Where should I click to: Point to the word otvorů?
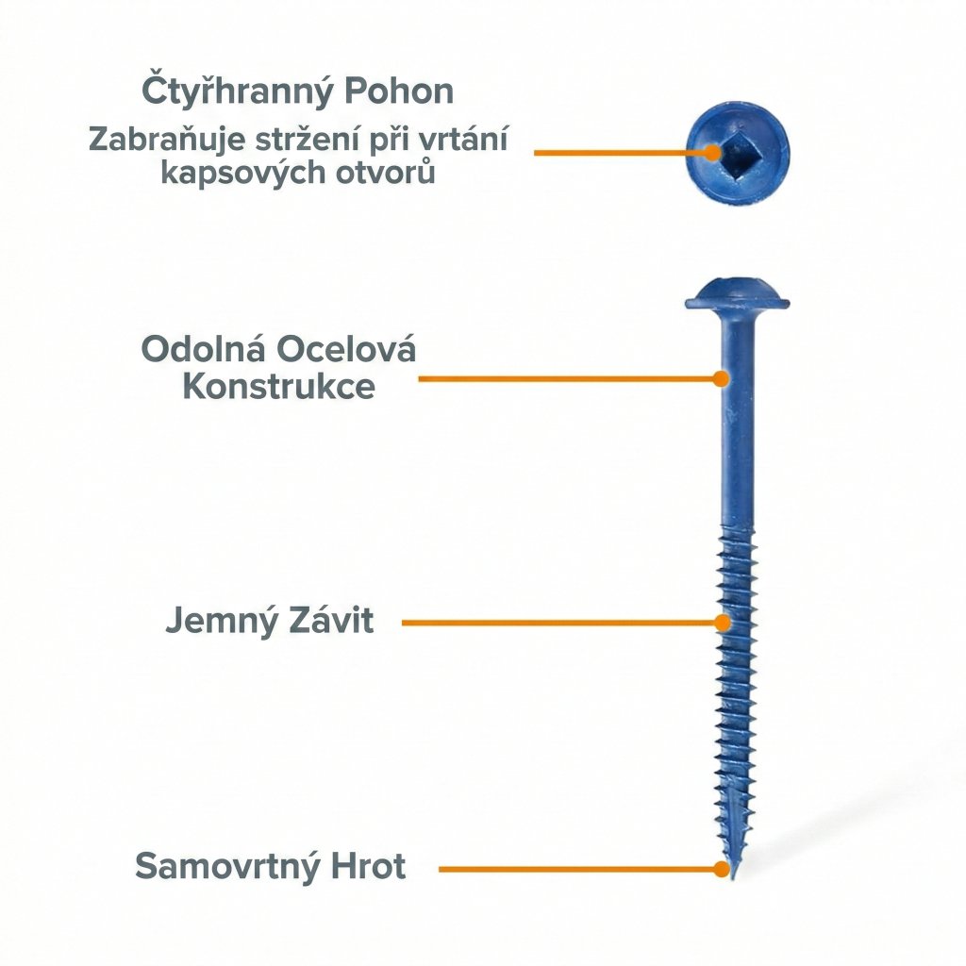coord(388,174)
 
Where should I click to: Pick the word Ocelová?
coord(345,349)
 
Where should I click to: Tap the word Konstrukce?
coord(278,387)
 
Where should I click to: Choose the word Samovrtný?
coord(227,866)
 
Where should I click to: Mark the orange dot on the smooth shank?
coord(721,378)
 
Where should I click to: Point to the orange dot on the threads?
coord(722,623)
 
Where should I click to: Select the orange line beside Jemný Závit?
coord(557,623)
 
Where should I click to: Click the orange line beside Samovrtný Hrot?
coord(575,868)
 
